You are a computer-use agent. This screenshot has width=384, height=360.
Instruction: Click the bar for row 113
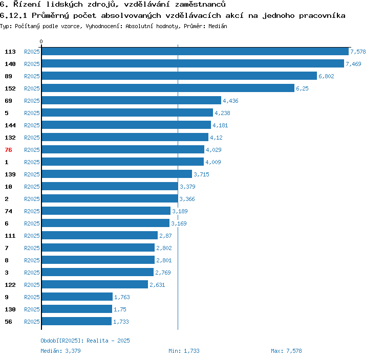pyautogui.click(x=195, y=52)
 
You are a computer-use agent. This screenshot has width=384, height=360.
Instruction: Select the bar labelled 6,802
pyautogui.click(x=179, y=76)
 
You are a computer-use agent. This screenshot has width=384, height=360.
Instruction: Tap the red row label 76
pyautogui.click(x=8, y=150)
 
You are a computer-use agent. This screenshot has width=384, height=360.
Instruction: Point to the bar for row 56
pyautogui.click(x=76, y=322)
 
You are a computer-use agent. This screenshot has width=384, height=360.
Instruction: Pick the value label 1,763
pyautogui.click(x=122, y=297)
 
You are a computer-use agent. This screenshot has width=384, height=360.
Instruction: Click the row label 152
pyautogui.click(x=10, y=88)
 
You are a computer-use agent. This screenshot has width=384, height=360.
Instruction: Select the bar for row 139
pyautogui.click(x=117, y=174)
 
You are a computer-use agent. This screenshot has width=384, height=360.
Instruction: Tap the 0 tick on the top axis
pyautogui.click(x=41, y=41)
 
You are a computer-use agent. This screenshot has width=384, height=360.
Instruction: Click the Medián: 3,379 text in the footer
pyautogui.click(x=60, y=351)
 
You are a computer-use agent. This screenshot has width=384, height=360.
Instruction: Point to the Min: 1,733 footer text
pyautogui.click(x=184, y=351)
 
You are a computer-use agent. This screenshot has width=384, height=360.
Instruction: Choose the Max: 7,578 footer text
pyautogui.click(x=286, y=351)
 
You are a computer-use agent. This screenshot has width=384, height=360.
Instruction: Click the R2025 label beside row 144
pyautogui.click(x=32, y=125)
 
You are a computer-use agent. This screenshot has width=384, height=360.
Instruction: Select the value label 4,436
pyautogui.click(x=230, y=101)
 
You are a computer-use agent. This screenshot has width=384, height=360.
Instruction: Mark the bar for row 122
pyautogui.click(x=95, y=285)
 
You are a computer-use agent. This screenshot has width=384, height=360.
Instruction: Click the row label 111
pyautogui.click(x=10, y=236)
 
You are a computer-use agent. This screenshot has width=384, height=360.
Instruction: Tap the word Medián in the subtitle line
pyautogui.click(x=218, y=26)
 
